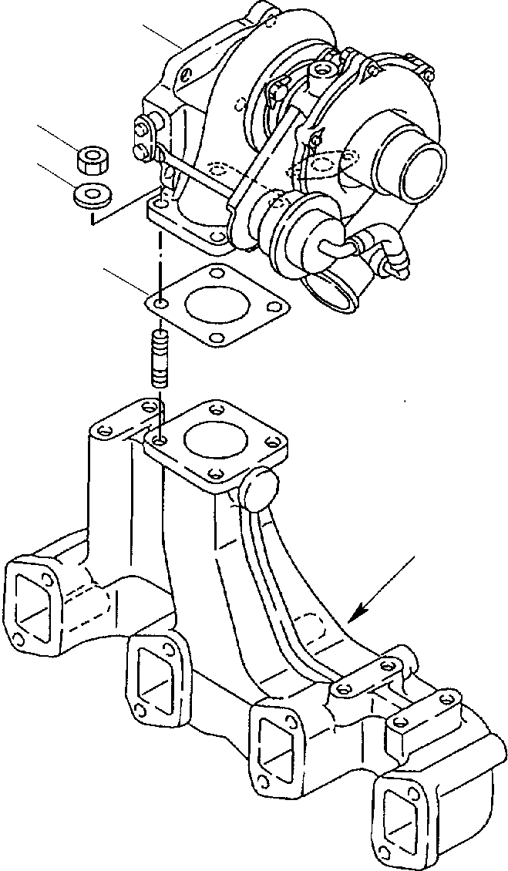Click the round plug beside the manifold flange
click(x=259, y=487)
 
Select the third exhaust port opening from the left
click(x=280, y=745)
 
